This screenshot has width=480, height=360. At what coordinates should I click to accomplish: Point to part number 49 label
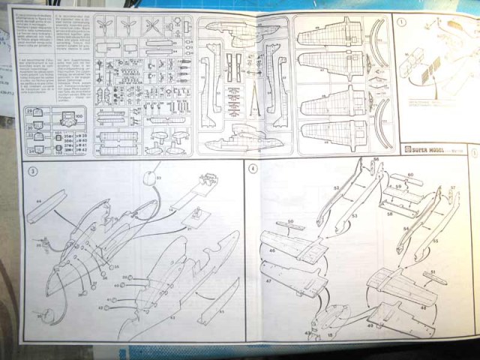click(x=370, y=325)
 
